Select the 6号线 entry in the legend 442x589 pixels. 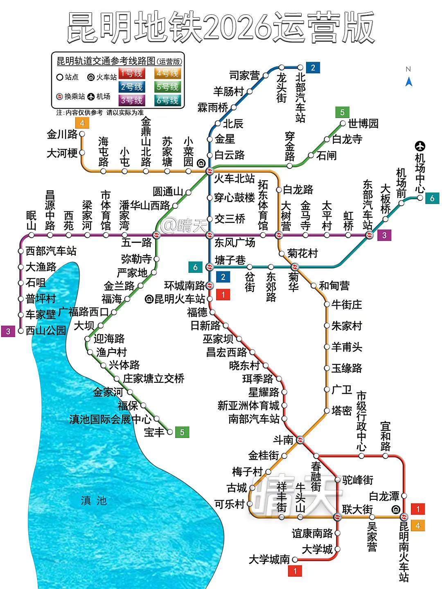point(168,100)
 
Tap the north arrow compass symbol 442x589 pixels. point(408,81)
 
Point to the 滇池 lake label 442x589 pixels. point(94,500)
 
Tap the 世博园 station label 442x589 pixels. point(363,123)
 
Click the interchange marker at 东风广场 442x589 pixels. point(210,235)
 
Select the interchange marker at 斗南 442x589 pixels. point(300,440)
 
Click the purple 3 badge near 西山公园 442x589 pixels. point(8,331)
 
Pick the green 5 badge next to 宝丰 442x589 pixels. point(182,432)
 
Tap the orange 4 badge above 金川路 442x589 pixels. point(82,123)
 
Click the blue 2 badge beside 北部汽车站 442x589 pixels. point(313,67)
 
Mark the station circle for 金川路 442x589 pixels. point(82,134)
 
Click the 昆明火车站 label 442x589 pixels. point(180,299)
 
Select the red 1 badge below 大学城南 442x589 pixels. point(295,571)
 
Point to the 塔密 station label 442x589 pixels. point(342,411)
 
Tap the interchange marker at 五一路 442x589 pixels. point(156,235)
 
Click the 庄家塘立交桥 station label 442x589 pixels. point(153,379)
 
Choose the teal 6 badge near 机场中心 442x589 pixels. point(432,198)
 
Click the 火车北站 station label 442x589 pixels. point(235,179)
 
